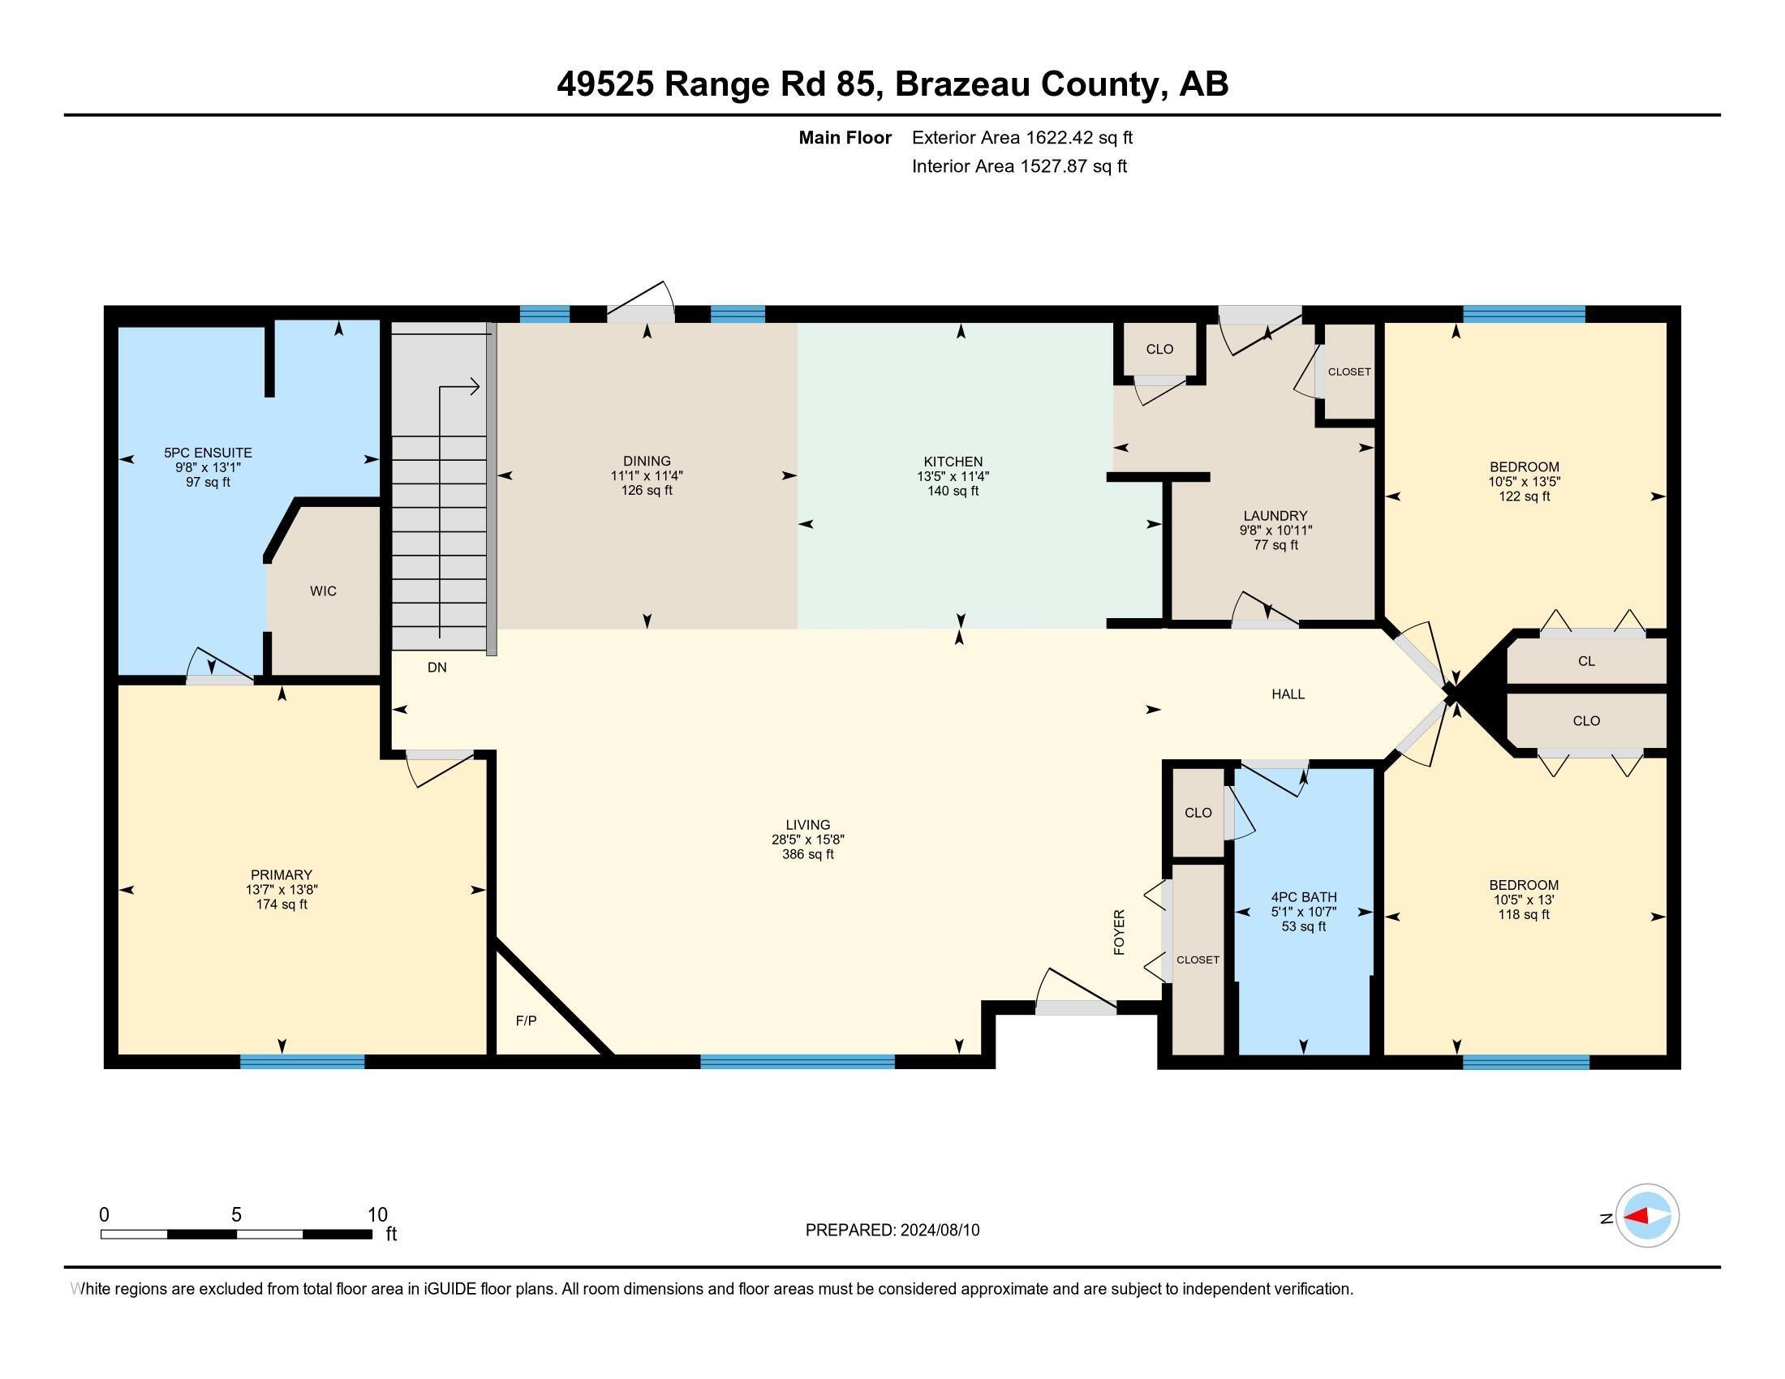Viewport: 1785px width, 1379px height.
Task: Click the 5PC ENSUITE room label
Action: [208, 453]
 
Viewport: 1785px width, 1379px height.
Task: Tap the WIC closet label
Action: [323, 591]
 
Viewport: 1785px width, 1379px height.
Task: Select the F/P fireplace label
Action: [526, 1020]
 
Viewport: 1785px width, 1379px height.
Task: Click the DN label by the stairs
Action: [437, 668]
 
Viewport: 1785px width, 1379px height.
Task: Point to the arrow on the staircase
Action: [471, 386]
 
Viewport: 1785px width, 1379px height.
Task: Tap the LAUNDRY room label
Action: [1275, 515]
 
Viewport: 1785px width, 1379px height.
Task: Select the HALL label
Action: [1288, 694]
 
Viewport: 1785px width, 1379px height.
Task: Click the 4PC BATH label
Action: [1304, 897]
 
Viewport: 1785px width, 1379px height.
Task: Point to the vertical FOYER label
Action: [1119, 931]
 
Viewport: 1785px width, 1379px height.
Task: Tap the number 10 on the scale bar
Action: [376, 1215]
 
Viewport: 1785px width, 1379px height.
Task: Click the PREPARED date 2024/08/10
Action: [939, 1231]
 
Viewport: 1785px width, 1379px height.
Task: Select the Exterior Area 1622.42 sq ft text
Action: [1022, 138]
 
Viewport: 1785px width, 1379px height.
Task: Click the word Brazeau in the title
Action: [962, 84]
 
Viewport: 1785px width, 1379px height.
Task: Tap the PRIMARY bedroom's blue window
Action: [302, 1062]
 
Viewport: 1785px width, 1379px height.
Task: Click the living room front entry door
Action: [1076, 1008]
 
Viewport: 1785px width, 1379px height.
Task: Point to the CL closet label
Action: [1585, 661]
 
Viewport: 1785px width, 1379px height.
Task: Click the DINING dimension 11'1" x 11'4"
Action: [646, 476]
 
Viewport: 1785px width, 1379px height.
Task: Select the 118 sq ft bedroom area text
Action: [1524, 915]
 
